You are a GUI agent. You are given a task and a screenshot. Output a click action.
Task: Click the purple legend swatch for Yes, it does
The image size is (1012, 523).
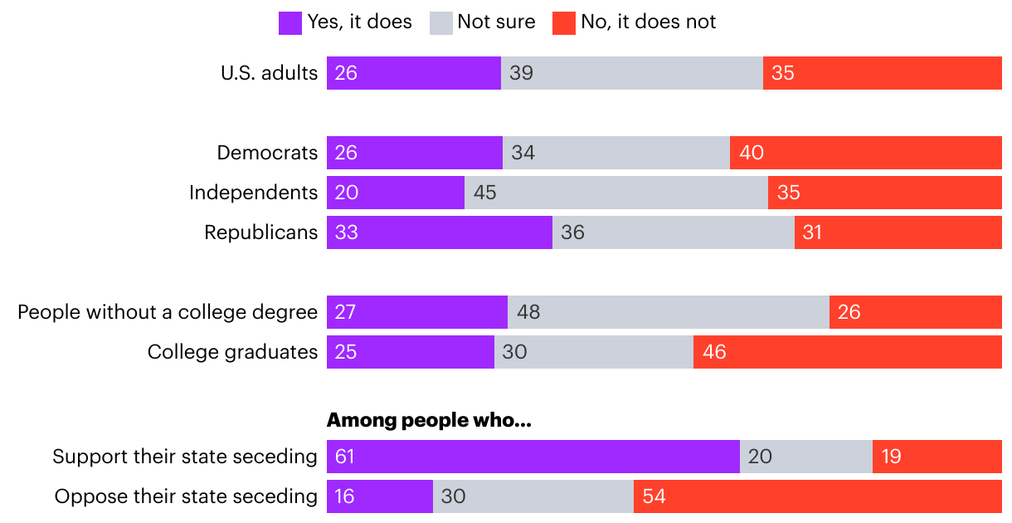coord(290,22)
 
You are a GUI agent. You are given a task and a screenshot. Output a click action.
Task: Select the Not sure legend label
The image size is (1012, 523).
coord(496,22)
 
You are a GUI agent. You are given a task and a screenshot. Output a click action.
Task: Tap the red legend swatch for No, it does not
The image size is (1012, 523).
coord(563,22)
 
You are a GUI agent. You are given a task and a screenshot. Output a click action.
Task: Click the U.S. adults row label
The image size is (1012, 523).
coord(269,73)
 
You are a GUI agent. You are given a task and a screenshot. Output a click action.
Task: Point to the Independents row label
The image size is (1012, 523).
coord(253,193)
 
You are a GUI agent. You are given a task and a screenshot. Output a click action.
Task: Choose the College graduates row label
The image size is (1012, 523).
coord(232,352)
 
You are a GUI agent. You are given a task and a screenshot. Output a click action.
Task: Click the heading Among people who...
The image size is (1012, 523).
coord(429,421)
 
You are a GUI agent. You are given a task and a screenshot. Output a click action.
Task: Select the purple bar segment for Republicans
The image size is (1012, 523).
coord(440,232)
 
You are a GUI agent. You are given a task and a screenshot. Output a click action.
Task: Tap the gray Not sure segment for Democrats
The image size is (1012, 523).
coord(616,153)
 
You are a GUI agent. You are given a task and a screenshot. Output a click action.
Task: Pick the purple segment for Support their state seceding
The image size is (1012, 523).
coord(533,457)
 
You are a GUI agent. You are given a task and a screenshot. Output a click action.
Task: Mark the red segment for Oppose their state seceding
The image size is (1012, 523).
coord(818,496)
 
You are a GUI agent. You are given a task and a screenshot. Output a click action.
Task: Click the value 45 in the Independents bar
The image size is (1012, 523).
coord(485,193)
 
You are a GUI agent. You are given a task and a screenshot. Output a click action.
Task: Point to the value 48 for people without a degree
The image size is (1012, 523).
coord(529,312)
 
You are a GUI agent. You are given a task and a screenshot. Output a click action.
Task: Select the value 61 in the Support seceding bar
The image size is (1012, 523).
coord(346,457)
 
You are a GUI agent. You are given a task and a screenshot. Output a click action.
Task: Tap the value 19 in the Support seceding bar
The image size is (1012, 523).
coord(891,457)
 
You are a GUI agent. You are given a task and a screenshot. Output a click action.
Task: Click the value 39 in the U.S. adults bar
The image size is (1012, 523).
coord(521,73)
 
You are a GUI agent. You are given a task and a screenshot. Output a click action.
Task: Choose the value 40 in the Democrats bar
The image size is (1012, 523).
coord(752,153)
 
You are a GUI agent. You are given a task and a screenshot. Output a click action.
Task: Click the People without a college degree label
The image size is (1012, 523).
coord(168,312)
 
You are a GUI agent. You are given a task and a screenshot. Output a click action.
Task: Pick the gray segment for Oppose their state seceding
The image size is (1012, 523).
coord(533,496)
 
